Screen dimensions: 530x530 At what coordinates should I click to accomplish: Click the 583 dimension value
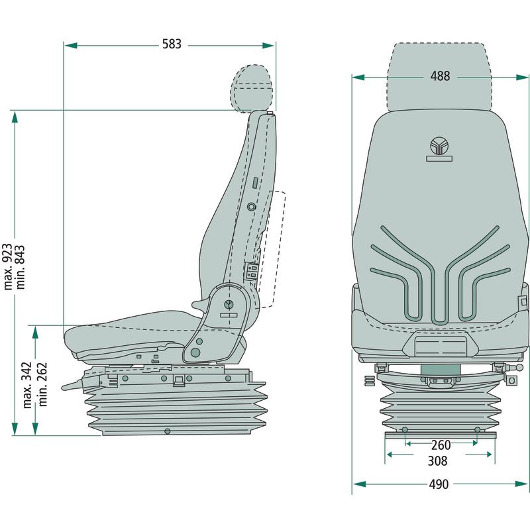click(172, 45)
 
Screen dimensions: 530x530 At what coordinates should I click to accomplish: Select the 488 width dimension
click(440, 76)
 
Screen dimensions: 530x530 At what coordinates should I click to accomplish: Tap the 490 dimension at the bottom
click(439, 484)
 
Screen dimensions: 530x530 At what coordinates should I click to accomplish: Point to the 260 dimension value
click(441, 445)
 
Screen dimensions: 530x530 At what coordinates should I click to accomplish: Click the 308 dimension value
click(437, 461)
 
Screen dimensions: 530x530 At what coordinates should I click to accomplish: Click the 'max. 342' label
click(28, 384)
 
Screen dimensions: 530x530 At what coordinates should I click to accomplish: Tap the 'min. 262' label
click(43, 384)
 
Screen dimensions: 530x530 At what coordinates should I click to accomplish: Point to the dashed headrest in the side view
click(252, 89)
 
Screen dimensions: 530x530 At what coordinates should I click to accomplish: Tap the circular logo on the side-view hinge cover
click(229, 305)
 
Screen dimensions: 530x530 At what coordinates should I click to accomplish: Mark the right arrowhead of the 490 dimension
click(523, 484)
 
